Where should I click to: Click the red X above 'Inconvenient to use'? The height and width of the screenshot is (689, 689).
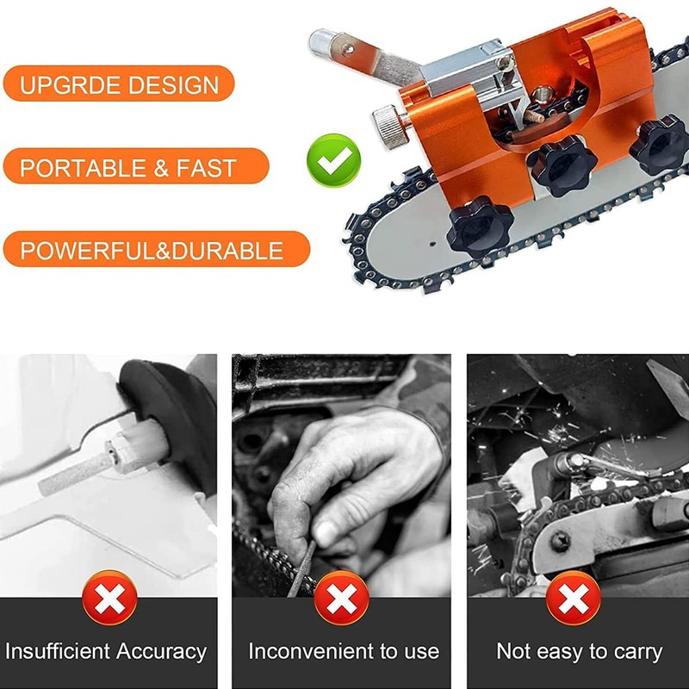pyautogui.click(x=342, y=598)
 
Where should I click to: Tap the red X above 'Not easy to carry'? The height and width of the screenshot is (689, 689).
pyautogui.click(x=574, y=598)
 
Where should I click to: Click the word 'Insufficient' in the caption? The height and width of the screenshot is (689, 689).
pyautogui.click(x=58, y=651)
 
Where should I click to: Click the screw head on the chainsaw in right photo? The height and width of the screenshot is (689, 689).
pyautogui.click(x=561, y=541)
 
